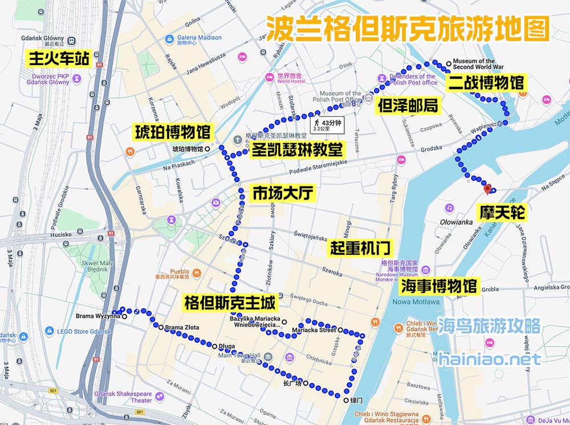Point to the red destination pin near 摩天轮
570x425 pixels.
pos(487,190)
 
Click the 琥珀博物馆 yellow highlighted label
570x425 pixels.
pos(173,133)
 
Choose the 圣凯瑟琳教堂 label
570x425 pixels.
pos(298,150)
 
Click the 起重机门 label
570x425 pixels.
pos(360,248)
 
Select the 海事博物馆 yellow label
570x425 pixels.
pos(438,285)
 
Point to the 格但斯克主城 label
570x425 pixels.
pos(230,302)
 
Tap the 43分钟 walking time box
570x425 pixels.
pos(325,124)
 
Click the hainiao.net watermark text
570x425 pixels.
pos(490,359)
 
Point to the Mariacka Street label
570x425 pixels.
pos(313,330)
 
